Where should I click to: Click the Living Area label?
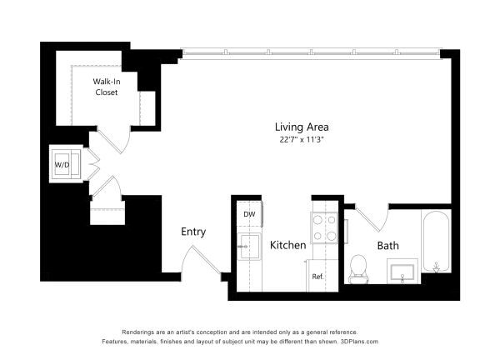click(x=302, y=127)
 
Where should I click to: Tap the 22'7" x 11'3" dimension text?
click(x=302, y=140)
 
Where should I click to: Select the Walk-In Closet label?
click(x=105, y=87)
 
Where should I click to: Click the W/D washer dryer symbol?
click(x=65, y=164)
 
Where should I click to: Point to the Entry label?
click(x=193, y=232)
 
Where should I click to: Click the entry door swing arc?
click(x=198, y=265)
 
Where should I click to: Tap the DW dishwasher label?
click(x=248, y=214)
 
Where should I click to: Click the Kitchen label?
click(x=287, y=245)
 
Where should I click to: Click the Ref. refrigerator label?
click(x=317, y=276)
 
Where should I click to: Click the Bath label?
click(x=387, y=245)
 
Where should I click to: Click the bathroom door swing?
click(x=373, y=218)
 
